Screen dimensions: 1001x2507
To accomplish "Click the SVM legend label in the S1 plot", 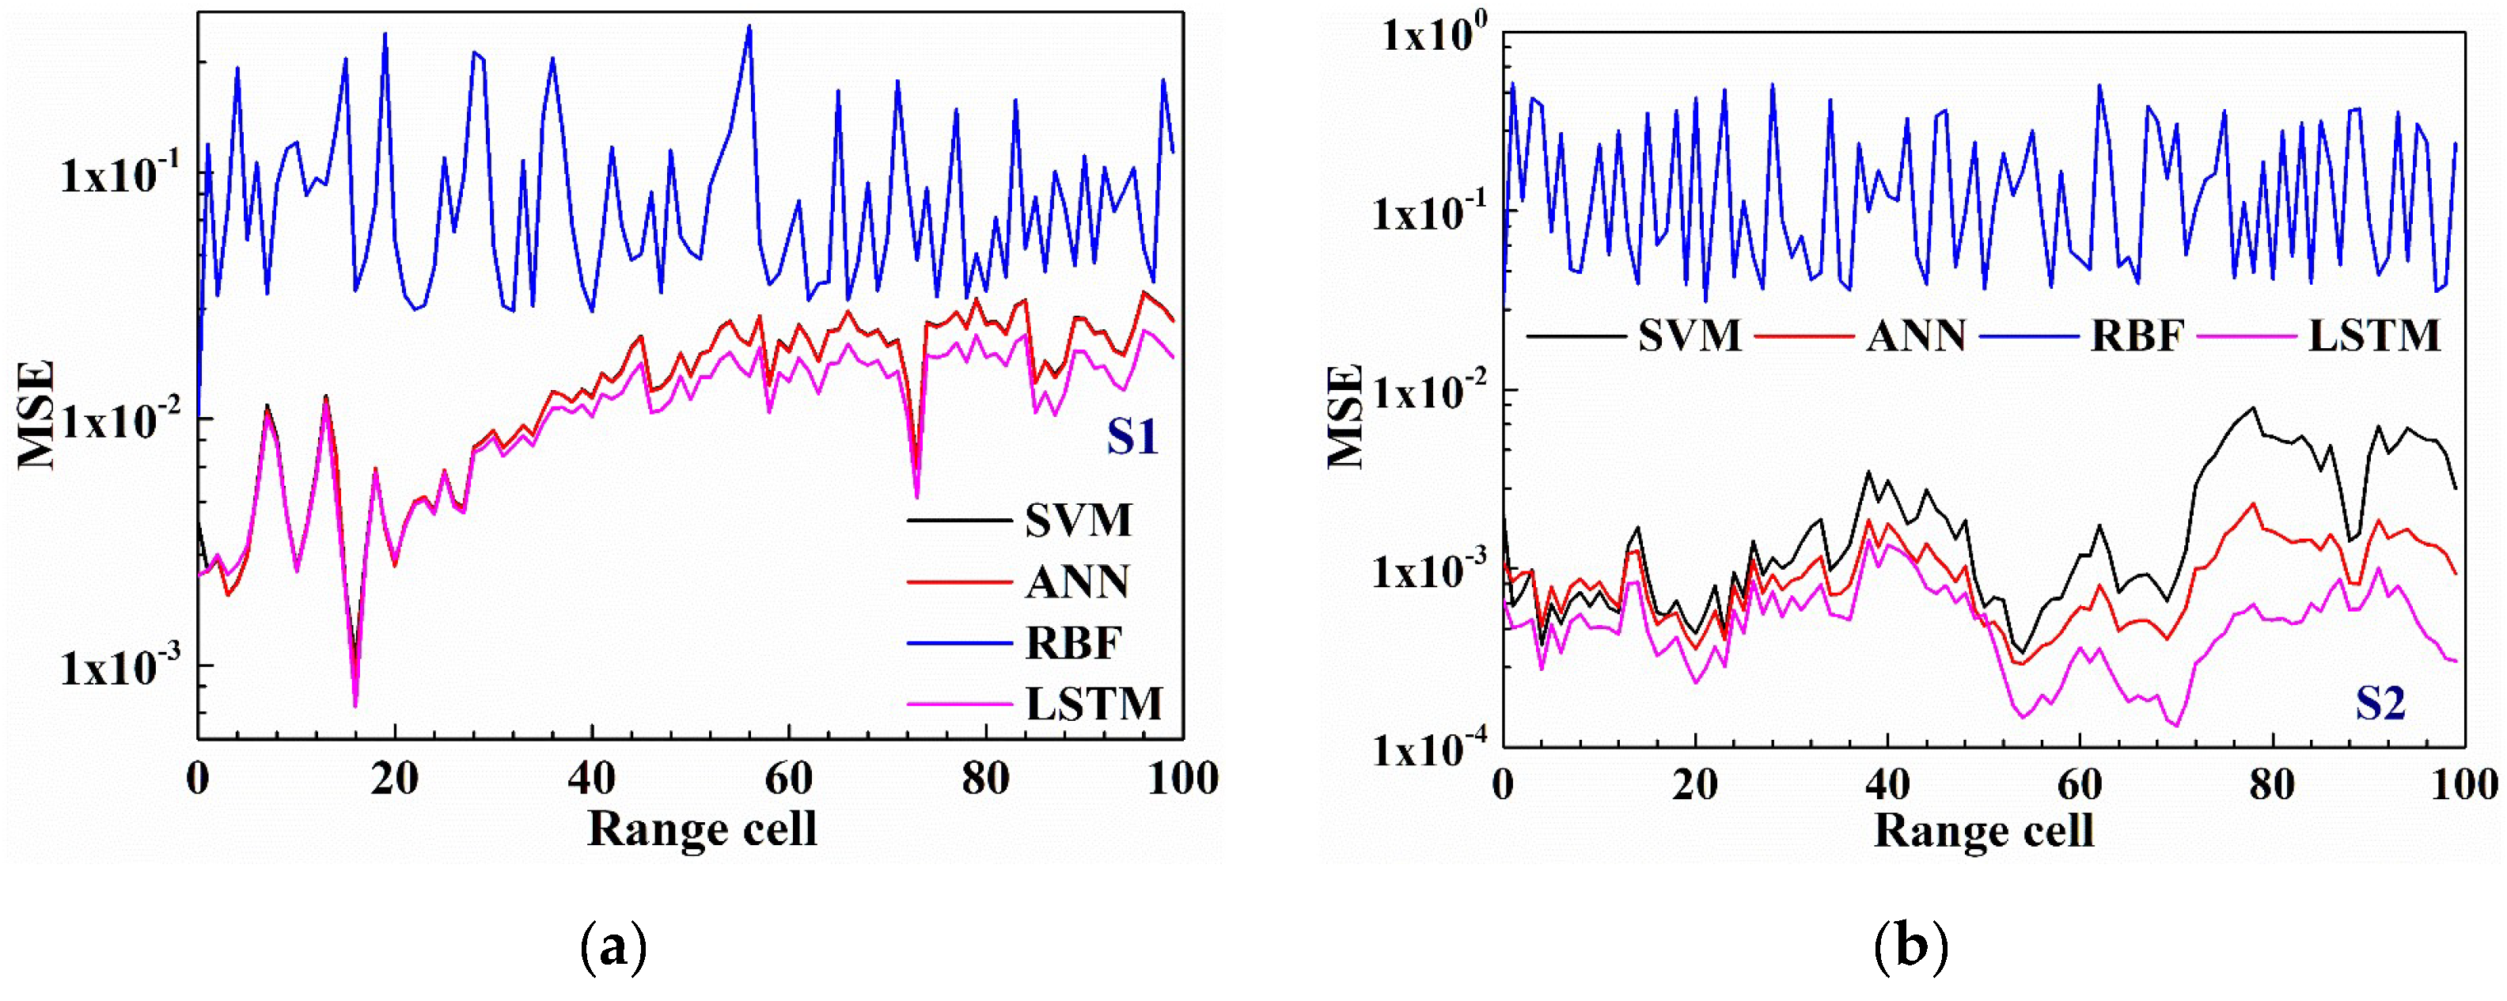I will click(x=1079, y=521).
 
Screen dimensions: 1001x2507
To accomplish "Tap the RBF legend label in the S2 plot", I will click(x=2138, y=336).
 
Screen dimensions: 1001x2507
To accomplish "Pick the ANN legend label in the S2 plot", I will click(x=1915, y=336).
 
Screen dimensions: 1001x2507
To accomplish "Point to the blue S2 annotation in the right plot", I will click(x=2380, y=703).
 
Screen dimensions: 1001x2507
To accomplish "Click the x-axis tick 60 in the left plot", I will click(x=787, y=779).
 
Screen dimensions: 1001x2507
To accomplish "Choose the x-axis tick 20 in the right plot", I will click(x=1694, y=784).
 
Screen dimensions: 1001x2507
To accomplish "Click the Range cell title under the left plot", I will click(x=702, y=828).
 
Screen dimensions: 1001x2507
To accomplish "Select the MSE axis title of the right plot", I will click(x=1346, y=415).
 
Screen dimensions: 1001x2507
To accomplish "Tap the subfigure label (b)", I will click(x=1910, y=946).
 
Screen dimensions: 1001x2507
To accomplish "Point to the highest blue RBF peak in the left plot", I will click(x=749, y=26).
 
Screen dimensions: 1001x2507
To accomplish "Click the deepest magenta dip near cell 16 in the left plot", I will click(x=355, y=705).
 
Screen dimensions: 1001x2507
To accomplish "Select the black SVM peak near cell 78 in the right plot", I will click(x=2252, y=408).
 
